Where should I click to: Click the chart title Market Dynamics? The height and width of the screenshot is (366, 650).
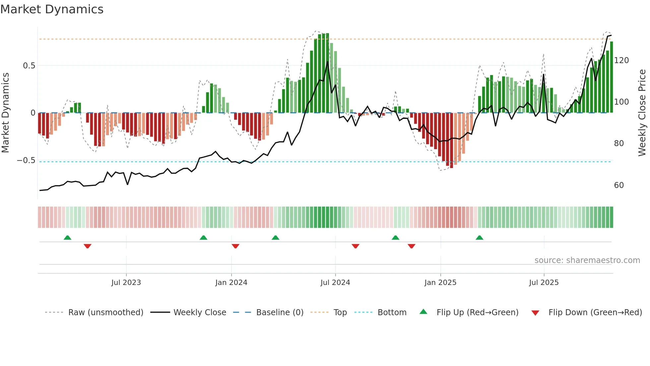click(52, 9)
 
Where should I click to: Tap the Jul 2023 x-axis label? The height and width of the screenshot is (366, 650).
click(126, 283)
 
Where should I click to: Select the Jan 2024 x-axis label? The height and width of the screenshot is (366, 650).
click(231, 283)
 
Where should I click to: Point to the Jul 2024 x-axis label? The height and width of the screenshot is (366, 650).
click(335, 283)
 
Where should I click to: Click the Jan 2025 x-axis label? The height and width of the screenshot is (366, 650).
click(440, 283)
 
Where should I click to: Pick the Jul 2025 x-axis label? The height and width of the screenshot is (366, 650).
click(544, 283)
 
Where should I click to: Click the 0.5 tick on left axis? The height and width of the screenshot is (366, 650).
click(29, 66)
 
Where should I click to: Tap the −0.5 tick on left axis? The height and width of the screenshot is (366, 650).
click(26, 161)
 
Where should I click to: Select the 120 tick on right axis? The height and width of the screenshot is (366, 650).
click(621, 60)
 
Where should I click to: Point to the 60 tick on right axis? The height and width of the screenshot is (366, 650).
click(619, 185)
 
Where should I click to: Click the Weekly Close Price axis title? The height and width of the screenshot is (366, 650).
click(642, 113)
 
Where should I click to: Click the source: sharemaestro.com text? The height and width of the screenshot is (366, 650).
click(587, 260)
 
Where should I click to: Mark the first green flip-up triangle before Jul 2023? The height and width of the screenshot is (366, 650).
click(67, 237)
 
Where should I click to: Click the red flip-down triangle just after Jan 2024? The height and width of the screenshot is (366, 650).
click(235, 246)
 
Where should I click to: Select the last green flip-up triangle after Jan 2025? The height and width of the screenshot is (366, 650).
click(479, 237)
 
